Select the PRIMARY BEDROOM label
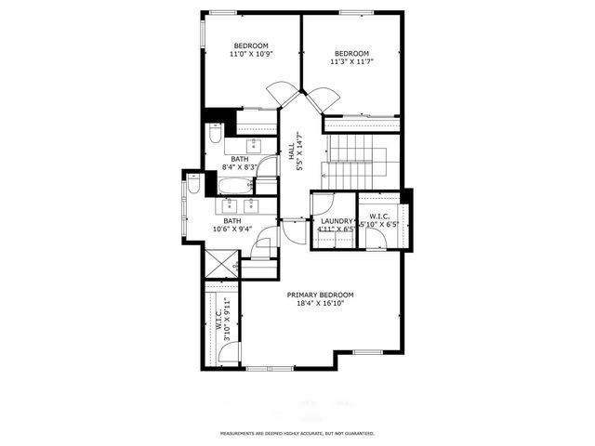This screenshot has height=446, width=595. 320,295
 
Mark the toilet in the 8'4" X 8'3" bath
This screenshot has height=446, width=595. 215,135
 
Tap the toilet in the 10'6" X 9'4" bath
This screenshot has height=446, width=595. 193,185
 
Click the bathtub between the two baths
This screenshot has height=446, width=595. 236,186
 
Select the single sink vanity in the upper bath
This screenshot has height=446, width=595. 254,145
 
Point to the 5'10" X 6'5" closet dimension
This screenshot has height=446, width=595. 378,225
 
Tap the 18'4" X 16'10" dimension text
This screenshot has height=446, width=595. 320,304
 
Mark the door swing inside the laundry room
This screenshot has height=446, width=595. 324,203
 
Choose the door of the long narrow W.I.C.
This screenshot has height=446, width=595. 231,352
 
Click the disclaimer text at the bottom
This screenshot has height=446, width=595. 297,434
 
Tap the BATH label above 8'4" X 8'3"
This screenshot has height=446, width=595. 240,159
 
